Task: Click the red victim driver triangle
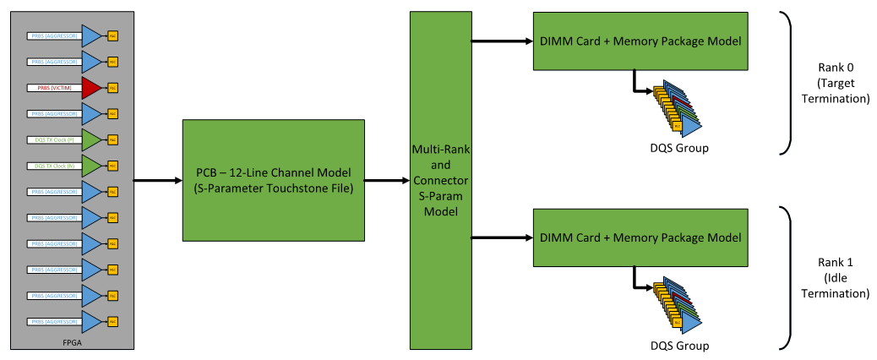tap(90, 87)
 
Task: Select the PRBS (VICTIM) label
tap(53, 87)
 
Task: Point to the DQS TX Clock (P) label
tap(53, 139)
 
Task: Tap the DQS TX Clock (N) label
tap(53, 166)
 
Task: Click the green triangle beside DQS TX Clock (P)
tap(90, 139)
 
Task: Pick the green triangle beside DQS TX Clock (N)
tap(90, 166)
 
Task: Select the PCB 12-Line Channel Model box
tap(273, 179)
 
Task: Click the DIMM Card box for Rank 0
tap(640, 41)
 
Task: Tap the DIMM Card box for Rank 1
tap(640, 237)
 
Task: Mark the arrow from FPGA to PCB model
tap(158, 179)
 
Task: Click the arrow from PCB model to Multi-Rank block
tap(386, 179)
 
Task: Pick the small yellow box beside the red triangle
tap(112, 87)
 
